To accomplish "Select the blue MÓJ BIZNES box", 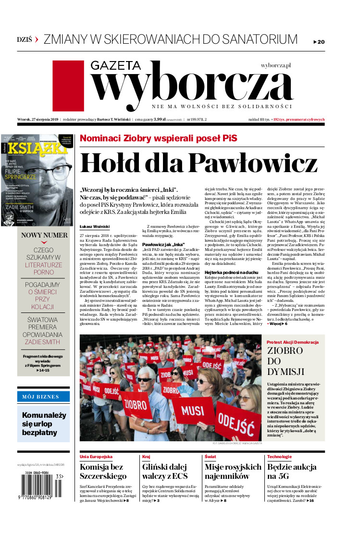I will pos(44,397).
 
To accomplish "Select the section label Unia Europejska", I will pos(96,456).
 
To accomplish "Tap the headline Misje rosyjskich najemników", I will pos(233,472).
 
